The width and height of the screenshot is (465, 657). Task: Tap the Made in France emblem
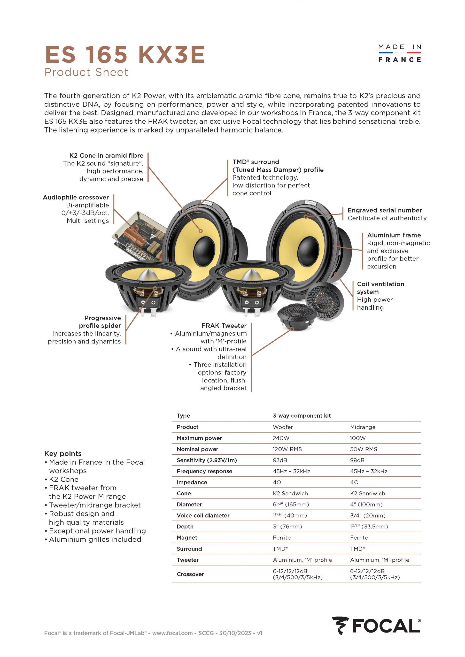(x=399, y=53)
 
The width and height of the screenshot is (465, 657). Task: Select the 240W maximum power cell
(x=281, y=438)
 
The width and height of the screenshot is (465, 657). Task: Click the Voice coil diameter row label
(x=203, y=515)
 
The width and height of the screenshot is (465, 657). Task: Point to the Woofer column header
(x=283, y=427)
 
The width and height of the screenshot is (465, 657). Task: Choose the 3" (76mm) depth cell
(x=287, y=527)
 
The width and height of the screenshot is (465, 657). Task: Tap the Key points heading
(x=63, y=454)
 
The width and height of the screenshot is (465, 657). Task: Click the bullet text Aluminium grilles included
(x=95, y=539)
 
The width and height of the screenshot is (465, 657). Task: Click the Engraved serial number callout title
(x=385, y=210)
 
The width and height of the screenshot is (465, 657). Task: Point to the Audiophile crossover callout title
(x=76, y=198)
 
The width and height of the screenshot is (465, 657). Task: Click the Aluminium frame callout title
(x=394, y=235)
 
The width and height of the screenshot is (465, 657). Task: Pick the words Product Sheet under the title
(x=86, y=72)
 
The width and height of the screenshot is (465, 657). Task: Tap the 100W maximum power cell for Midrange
(x=358, y=438)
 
